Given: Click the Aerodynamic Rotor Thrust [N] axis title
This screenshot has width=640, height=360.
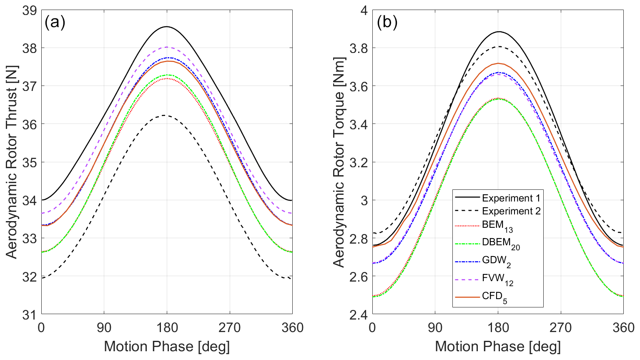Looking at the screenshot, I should point(12,162).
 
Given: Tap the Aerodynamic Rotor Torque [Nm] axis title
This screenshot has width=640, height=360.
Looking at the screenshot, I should point(339,162).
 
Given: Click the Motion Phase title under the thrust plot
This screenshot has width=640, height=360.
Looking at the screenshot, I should point(166,347).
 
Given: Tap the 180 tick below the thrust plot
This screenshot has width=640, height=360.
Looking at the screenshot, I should point(167,328).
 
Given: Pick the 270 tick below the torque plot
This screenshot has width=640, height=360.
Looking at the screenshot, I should point(560,328).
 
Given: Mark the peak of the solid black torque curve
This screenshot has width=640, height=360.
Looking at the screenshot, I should point(498,32).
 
